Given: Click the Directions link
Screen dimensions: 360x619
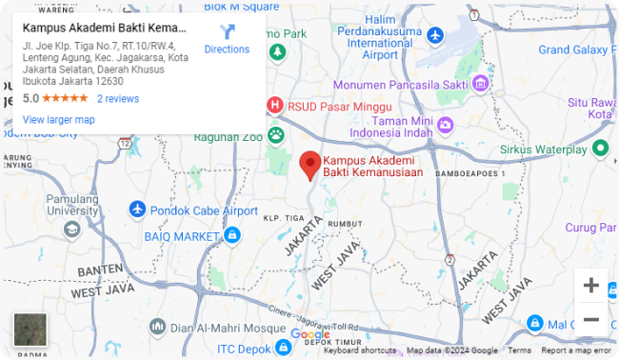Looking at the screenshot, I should (x=227, y=39).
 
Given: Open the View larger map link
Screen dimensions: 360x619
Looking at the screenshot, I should (x=58, y=120).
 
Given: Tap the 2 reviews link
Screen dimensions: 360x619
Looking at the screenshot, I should (x=118, y=98).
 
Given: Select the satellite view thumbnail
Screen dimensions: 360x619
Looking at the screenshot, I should (x=30, y=330).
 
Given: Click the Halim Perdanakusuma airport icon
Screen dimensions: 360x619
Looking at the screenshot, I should (x=436, y=35).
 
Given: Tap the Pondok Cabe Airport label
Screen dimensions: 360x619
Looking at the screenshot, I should (x=203, y=210).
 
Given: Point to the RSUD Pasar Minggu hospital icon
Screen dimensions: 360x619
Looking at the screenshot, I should (x=275, y=106).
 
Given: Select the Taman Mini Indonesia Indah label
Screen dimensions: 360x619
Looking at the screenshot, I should (x=401, y=127).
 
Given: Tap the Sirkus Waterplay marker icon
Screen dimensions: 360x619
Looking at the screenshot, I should (x=600, y=148).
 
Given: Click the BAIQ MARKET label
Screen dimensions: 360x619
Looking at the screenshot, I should (x=182, y=235).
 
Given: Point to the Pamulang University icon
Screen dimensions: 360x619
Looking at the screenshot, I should (x=72, y=229).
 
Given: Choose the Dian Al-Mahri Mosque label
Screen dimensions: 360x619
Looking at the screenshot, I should (x=222, y=329).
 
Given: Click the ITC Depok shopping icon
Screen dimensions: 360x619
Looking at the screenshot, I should (x=281, y=348).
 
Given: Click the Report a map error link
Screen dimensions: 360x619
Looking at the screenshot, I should (x=576, y=350).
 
